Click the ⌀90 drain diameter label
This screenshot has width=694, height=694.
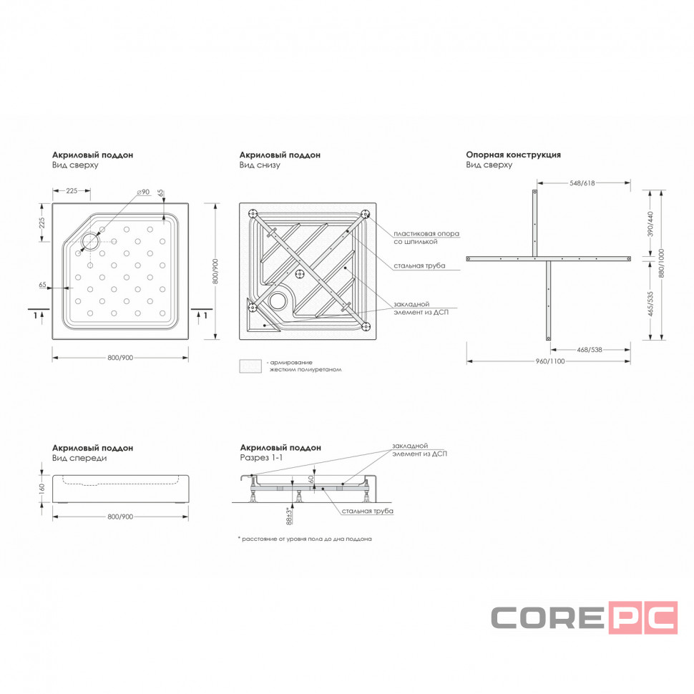click(x=143, y=192)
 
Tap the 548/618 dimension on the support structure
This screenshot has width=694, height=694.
click(x=582, y=182)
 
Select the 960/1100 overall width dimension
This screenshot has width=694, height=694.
click(x=550, y=361)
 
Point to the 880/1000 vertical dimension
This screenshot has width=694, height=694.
click(x=662, y=263)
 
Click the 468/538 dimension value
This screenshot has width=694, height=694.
click(x=589, y=350)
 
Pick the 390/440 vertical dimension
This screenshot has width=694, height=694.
click(x=650, y=224)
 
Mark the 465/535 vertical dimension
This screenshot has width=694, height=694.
click(x=650, y=303)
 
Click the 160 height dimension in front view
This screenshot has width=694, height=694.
click(x=42, y=489)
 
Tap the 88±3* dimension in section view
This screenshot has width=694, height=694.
click(x=289, y=516)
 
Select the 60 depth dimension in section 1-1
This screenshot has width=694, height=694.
click(x=311, y=479)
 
